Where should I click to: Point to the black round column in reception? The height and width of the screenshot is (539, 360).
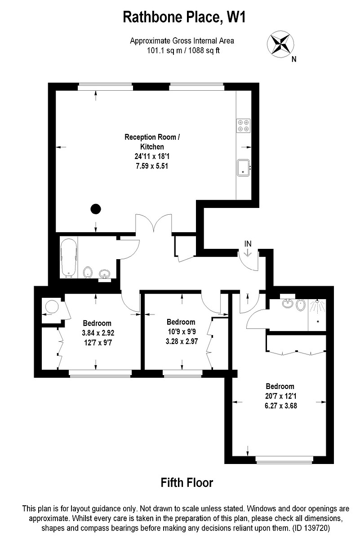point(95,208)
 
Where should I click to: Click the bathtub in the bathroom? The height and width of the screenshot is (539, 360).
point(68,258)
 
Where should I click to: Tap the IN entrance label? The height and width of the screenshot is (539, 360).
point(248,244)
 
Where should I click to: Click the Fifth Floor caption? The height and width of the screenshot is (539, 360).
point(187,483)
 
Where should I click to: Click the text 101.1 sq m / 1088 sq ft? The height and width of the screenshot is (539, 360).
point(182,50)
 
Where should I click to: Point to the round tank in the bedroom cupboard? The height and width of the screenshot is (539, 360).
point(50,307)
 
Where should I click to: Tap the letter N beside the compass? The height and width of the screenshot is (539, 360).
point(293,59)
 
